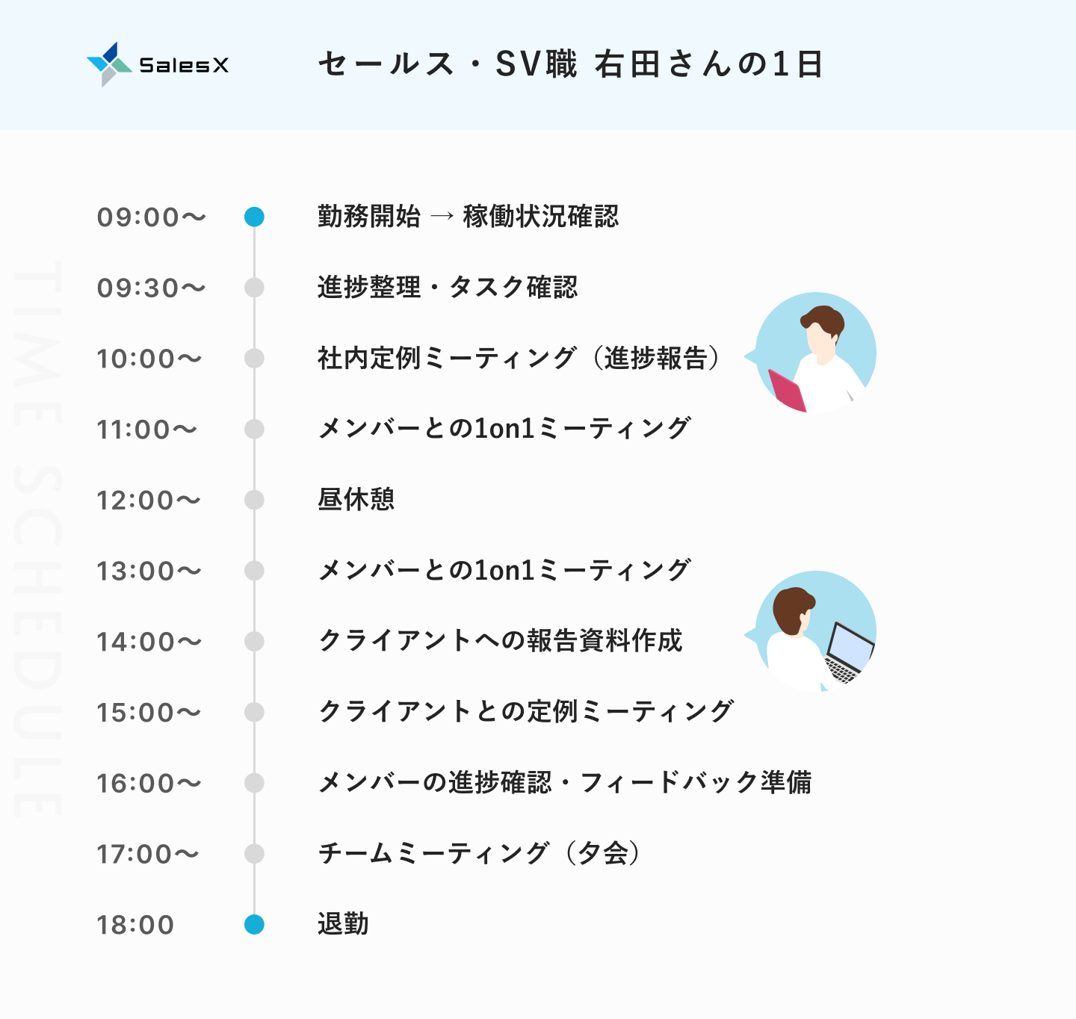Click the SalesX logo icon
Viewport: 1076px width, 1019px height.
[109, 64]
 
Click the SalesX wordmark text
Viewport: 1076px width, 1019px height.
[184, 65]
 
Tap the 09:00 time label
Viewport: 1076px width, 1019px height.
[152, 217]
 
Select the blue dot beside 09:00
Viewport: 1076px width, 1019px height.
[254, 217]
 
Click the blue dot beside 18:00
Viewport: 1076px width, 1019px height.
[254, 924]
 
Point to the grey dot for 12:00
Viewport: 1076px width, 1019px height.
[254, 500]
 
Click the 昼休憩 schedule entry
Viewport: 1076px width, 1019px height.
[356, 499]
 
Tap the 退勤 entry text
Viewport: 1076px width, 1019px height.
[343, 924]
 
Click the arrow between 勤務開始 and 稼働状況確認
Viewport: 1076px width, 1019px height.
[442, 216]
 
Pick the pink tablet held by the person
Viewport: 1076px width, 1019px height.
[788, 390]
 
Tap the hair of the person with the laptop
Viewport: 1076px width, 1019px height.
[793, 610]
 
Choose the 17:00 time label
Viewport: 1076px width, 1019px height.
[148, 855]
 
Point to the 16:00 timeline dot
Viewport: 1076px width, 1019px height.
[254, 783]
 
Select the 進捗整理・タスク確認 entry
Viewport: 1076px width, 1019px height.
[448, 287]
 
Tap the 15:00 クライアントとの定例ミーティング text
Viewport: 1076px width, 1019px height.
[526, 711]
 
